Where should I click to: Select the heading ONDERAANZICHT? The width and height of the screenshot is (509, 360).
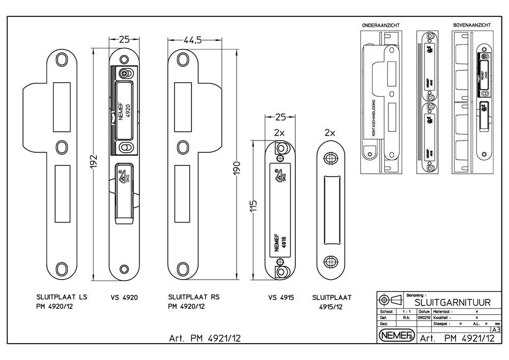coord(380,25)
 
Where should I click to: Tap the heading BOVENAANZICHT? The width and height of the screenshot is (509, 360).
coord(472,25)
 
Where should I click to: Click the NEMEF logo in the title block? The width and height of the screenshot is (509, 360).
coord(396,336)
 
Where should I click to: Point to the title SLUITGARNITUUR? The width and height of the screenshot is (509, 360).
coord(449,302)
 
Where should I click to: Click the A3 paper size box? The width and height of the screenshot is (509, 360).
coord(496,329)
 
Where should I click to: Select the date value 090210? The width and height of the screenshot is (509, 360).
coord(424,317)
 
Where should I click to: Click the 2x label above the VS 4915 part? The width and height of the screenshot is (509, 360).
coord(279,132)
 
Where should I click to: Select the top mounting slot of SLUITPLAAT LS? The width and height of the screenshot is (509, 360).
coord(62,58)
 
